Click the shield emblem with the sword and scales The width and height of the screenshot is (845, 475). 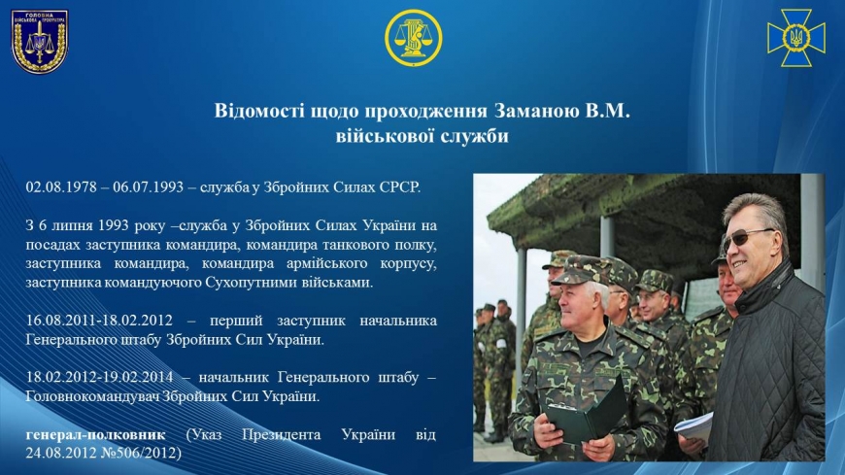(40, 41)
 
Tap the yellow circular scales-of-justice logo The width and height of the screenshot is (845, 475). (414, 38)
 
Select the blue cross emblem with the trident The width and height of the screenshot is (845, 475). (796, 38)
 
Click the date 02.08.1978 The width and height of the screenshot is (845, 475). (61, 187)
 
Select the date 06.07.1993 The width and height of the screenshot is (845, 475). (148, 187)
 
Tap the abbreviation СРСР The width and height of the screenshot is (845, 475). (399, 187)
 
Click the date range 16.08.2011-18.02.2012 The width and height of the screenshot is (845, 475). (99, 321)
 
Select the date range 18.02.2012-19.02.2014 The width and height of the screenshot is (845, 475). (99, 377)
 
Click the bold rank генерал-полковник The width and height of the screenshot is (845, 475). (95, 434)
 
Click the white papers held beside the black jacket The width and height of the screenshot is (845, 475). (694, 428)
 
